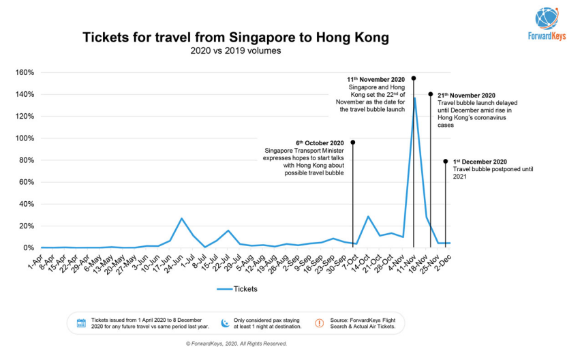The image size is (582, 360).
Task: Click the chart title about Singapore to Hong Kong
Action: [x=236, y=37]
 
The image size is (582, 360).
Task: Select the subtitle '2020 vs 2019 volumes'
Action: [x=236, y=50]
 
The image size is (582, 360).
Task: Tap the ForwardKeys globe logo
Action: [x=551, y=18]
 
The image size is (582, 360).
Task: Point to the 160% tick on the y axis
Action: [x=25, y=72]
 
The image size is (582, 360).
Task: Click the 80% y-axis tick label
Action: [x=27, y=160]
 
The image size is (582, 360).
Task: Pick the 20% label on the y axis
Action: [x=27, y=226]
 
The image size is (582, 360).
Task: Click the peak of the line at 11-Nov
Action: [x=414, y=98]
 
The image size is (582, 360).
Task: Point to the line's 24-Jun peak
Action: [x=181, y=218]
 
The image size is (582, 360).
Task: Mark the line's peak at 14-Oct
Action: [x=368, y=217]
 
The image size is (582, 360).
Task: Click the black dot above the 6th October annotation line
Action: [x=352, y=142]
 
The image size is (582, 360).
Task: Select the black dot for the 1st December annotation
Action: [x=446, y=162]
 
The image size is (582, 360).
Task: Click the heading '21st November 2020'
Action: [x=467, y=95]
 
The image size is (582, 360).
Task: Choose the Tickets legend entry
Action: [x=236, y=289]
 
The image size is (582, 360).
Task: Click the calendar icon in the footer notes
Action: [x=81, y=322]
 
